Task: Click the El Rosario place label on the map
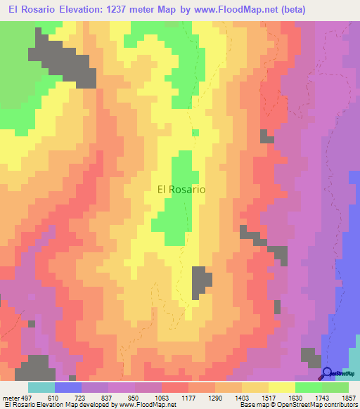tap(181, 189)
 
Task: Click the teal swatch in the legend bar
tap(41, 387)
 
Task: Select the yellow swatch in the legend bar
tap(282, 387)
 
